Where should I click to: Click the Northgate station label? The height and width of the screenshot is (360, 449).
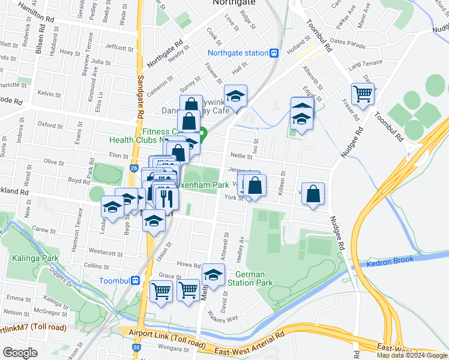pyautogui.click(x=239, y=53)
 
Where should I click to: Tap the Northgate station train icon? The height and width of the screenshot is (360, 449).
pyautogui.click(x=274, y=53)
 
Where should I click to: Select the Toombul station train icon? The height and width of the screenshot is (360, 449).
pyautogui.click(x=136, y=280)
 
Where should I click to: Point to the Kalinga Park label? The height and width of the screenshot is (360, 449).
pyautogui.click(x=35, y=258)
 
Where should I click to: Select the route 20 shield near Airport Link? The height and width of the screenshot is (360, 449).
pyautogui.click(x=137, y=347)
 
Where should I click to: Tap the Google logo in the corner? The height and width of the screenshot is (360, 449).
pyautogui.click(x=20, y=352)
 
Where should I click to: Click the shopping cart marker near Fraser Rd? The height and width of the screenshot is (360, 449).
pyautogui.click(x=363, y=94)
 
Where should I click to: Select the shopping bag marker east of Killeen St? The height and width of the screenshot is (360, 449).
pyautogui.click(x=313, y=194)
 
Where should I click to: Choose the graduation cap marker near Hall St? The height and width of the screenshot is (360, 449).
pyautogui.click(x=236, y=96)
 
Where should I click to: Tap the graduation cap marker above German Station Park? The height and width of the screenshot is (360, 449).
pyautogui.click(x=213, y=275)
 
